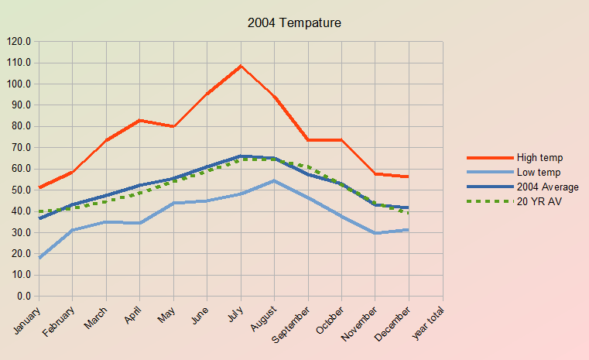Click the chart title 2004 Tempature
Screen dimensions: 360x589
pos(294,23)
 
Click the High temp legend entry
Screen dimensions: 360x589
pos(539,158)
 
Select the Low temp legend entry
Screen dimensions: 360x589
pos(539,172)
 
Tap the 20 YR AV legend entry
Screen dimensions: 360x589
pos(539,201)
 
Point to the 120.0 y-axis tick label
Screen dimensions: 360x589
pos(19,41)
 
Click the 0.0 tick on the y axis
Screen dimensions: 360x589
pos(23,296)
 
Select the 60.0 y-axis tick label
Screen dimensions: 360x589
pos(21,169)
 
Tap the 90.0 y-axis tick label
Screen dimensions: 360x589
pos(21,105)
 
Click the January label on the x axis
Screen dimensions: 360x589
pos(27,318)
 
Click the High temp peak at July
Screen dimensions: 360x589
pos(241,66)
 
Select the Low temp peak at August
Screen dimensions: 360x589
pos(274,180)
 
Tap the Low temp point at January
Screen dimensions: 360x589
pos(39,258)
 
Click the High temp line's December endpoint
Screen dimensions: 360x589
pos(409,177)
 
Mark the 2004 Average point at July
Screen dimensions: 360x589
pos(241,156)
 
